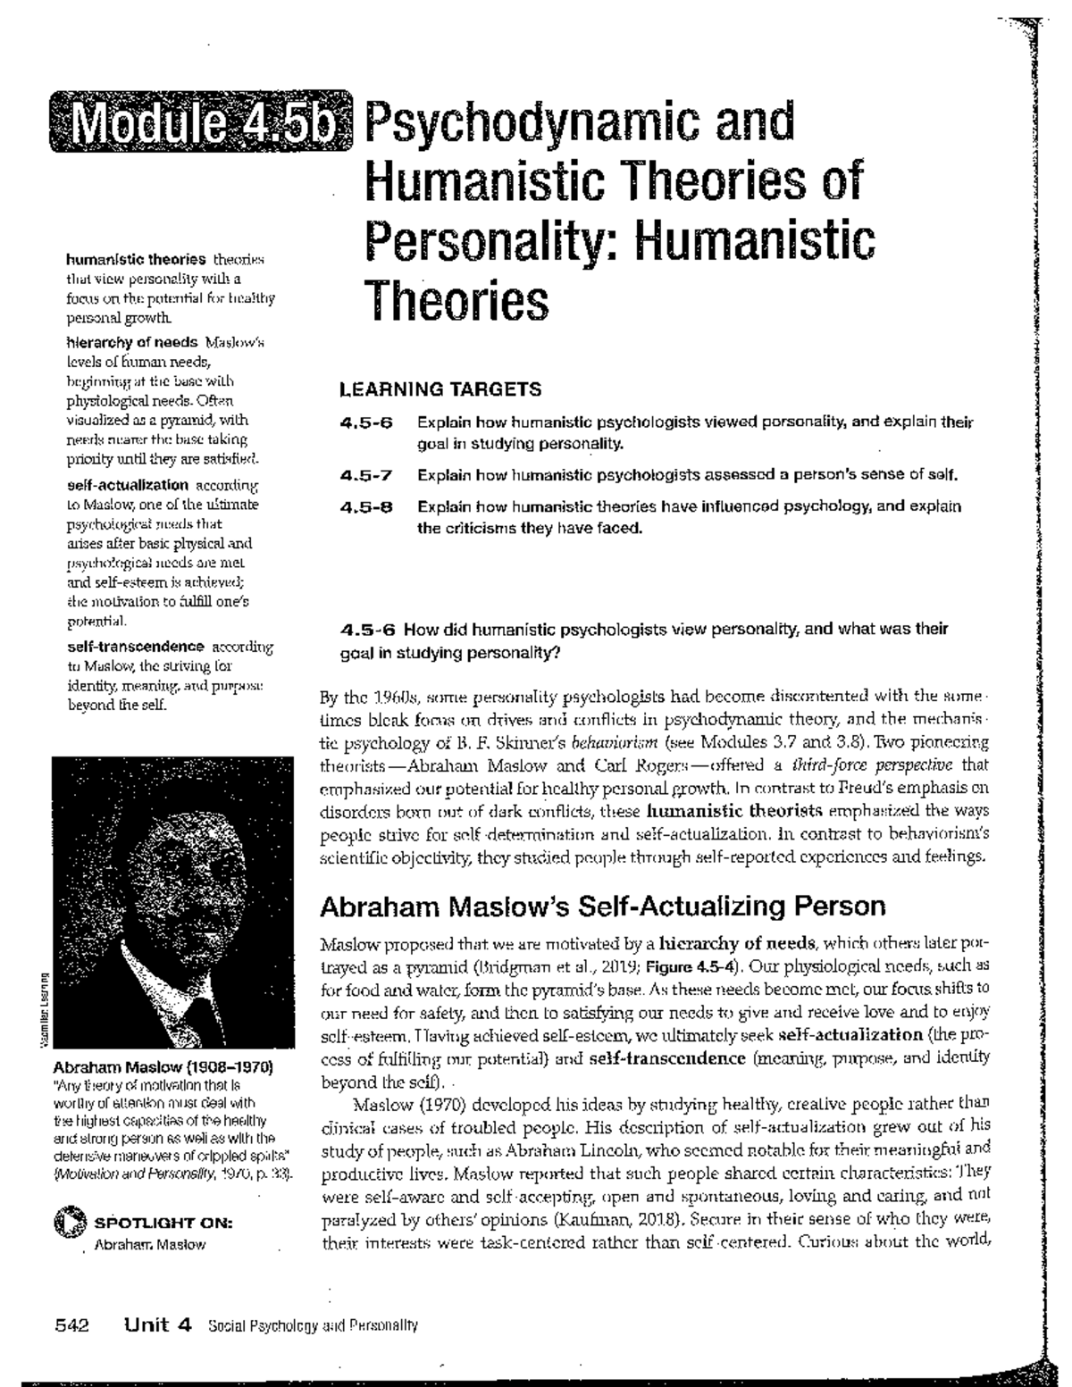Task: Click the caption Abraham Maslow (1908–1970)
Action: pyautogui.click(x=163, y=1067)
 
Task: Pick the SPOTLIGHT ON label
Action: pyautogui.click(x=163, y=1223)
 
